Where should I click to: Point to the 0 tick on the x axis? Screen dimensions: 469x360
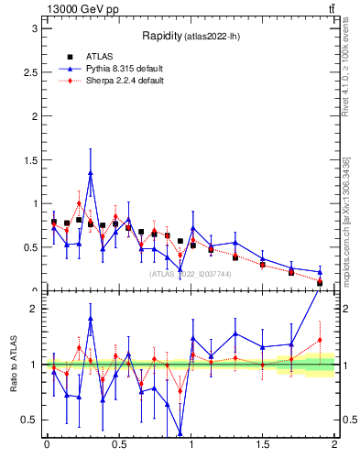[47, 446]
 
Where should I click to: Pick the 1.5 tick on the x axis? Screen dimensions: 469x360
[262, 446]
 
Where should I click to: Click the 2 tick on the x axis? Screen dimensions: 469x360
[334, 446]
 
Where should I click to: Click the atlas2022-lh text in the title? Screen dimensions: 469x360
[213, 37]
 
